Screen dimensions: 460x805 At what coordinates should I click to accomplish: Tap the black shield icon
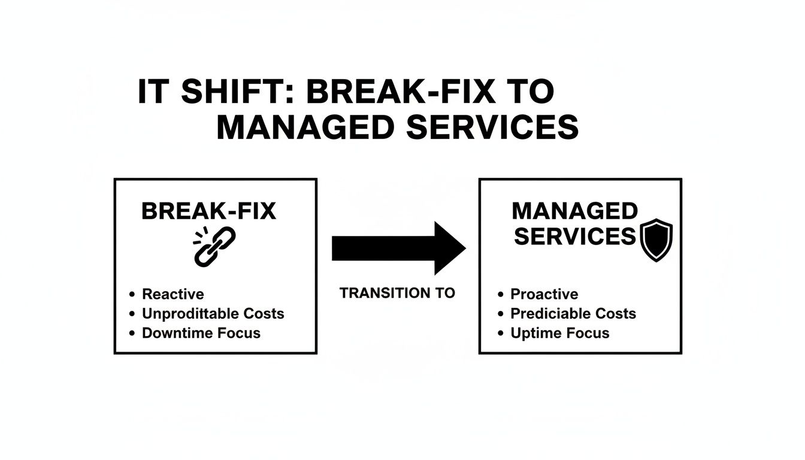656,240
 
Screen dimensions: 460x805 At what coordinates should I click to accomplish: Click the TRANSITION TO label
397,293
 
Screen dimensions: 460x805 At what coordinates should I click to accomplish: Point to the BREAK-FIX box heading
208,211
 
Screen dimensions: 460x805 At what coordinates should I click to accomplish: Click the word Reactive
172,294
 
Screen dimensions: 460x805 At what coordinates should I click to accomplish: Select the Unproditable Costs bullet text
213,313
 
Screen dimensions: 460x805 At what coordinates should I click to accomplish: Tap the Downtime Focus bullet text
201,333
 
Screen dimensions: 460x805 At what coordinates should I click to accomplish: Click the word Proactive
544,294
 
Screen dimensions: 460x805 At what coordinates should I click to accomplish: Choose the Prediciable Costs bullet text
573,313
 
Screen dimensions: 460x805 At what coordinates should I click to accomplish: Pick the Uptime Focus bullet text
559,333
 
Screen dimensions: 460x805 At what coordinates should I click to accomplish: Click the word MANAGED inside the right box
575,211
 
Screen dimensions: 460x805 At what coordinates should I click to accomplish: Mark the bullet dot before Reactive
132,295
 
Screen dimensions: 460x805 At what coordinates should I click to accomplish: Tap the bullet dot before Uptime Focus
501,334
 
